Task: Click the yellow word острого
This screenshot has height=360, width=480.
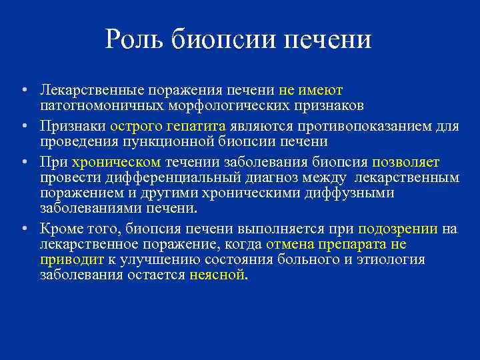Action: click(x=134, y=125)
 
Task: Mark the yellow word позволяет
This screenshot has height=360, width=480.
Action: click(x=406, y=161)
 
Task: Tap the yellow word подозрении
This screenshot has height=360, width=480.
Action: click(x=398, y=229)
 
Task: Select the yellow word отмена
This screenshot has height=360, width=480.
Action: click(x=287, y=244)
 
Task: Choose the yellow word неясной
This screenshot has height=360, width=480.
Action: click(x=217, y=275)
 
